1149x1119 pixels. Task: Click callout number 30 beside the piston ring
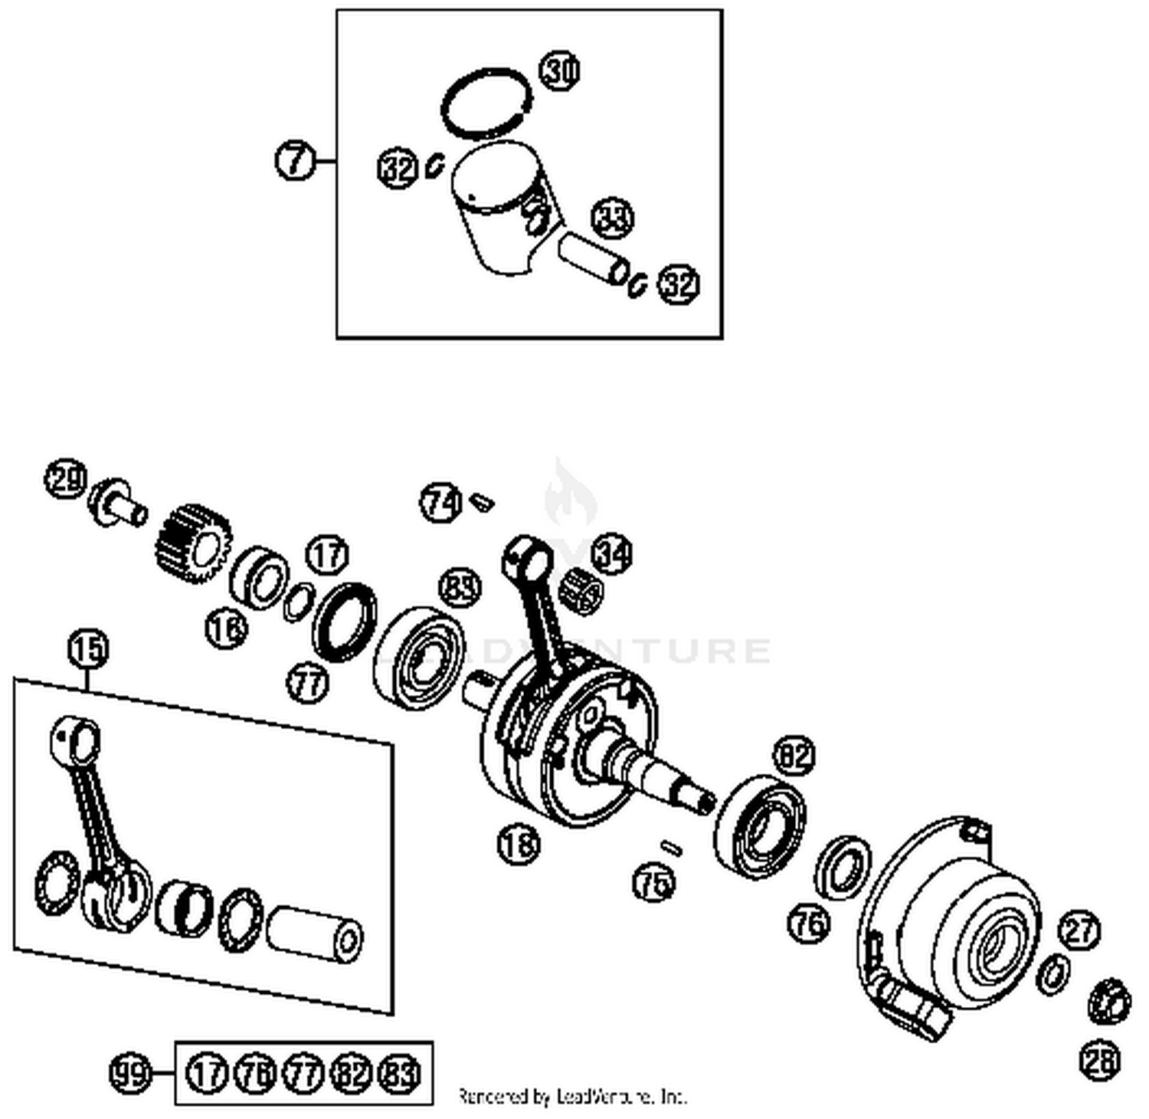(561, 71)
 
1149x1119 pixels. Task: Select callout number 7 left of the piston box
(295, 161)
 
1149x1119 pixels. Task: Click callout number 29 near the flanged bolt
(67, 481)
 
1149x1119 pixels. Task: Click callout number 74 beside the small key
(440, 503)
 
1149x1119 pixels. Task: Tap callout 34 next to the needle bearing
(613, 553)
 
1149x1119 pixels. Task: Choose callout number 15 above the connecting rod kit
(88, 649)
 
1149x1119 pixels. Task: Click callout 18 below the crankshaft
(519, 845)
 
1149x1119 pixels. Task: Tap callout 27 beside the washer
(1079, 930)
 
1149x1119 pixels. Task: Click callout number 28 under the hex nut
(1100, 1061)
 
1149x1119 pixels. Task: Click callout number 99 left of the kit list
(129, 1073)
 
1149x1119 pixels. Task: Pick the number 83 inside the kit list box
(401, 1073)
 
